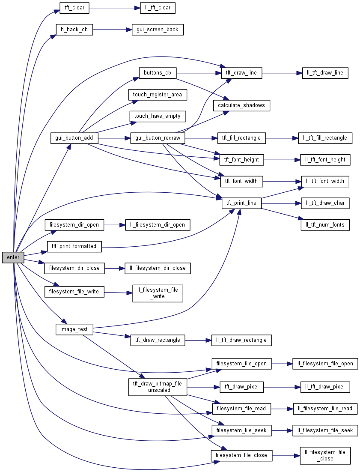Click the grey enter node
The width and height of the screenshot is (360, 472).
click(13, 257)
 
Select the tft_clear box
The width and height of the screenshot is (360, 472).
click(74, 8)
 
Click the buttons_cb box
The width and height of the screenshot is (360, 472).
click(158, 73)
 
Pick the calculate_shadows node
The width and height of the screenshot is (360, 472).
click(241, 105)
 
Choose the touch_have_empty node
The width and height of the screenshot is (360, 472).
click(158, 116)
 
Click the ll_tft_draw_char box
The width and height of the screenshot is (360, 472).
click(326, 203)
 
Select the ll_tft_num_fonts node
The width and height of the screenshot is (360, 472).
click(325, 225)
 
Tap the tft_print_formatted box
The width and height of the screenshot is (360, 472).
click(74, 247)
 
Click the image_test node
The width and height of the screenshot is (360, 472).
click(74, 329)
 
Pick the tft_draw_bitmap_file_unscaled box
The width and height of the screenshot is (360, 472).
click(158, 387)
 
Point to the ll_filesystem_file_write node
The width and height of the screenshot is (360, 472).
click(158, 293)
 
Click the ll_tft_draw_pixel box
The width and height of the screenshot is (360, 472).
click(325, 387)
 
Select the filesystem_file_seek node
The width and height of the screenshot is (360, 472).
click(241, 430)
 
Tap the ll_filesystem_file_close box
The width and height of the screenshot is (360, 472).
click(325, 455)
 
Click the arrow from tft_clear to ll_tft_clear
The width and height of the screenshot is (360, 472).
click(115, 8)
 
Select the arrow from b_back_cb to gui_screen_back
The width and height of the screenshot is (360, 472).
click(109, 30)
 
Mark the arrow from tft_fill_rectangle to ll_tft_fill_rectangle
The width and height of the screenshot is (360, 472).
click(282, 138)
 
